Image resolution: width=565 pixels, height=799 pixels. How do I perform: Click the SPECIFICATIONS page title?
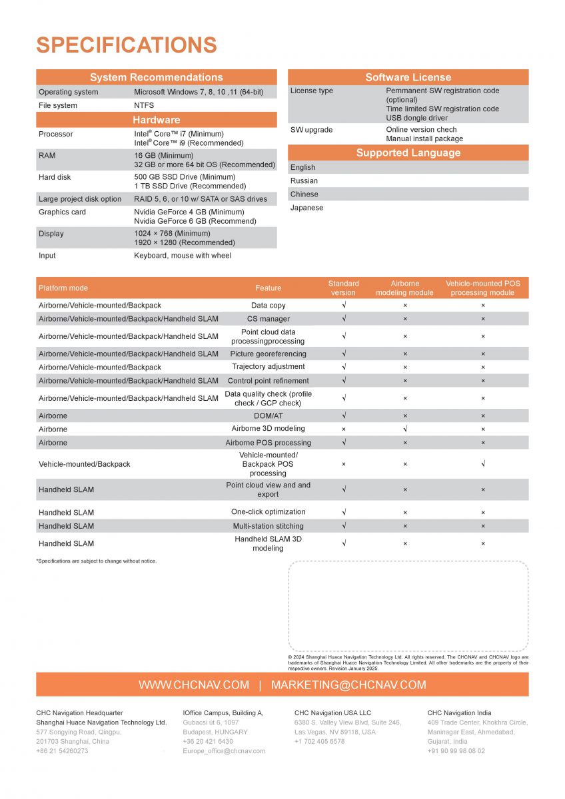click(127, 45)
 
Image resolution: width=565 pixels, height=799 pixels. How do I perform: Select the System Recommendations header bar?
click(156, 77)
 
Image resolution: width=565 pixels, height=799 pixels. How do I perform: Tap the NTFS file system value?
click(144, 105)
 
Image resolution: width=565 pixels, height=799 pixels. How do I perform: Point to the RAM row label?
click(48, 155)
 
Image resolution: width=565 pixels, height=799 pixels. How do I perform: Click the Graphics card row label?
click(62, 212)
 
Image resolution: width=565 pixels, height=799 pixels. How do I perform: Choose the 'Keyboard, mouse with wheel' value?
click(183, 256)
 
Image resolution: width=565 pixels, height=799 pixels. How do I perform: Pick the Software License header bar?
click(408, 77)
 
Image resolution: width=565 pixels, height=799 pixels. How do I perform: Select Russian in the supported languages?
click(304, 181)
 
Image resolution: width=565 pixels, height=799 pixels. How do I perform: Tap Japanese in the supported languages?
click(306, 208)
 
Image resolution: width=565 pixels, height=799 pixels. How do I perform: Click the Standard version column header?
click(343, 288)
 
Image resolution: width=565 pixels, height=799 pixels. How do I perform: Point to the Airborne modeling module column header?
click(405, 288)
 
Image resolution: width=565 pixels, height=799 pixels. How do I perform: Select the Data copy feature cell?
click(268, 306)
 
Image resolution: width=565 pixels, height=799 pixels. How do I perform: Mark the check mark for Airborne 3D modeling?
click(405, 429)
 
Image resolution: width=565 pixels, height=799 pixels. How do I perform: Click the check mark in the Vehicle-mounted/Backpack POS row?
click(483, 464)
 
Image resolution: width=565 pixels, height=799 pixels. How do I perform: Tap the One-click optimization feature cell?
click(268, 512)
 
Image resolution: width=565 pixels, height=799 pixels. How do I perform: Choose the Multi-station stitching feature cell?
click(268, 526)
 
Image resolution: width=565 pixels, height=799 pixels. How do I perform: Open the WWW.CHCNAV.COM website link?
click(194, 685)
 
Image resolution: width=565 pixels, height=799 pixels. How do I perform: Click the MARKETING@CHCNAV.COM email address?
click(348, 685)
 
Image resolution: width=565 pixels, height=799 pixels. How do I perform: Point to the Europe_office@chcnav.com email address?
click(224, 751)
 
